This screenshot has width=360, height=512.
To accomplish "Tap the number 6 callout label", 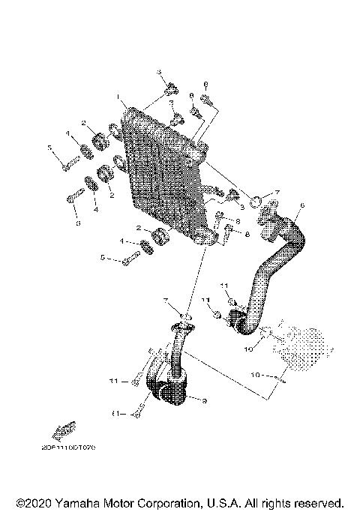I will point(301,205).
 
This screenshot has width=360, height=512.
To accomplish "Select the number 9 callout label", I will point(203,403).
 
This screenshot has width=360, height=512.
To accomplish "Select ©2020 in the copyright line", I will point(31,502).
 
